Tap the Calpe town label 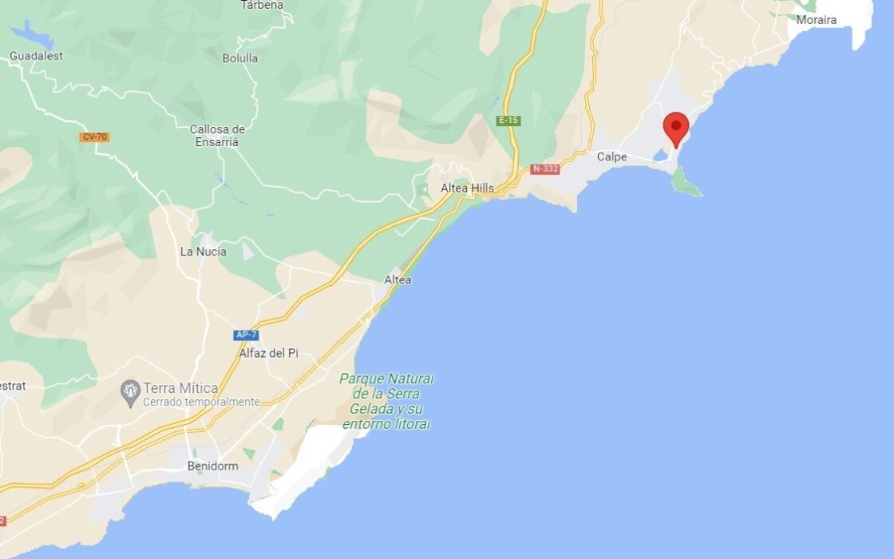tap(612, 157)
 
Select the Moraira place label tap(817, 20)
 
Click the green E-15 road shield tap(508, 121)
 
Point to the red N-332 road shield tap(545, 169)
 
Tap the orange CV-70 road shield tap(94, 137)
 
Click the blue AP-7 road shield tap(247, 335)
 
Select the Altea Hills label tap(467, 188)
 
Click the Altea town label tap(398, 279)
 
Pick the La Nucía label tap(203, 252)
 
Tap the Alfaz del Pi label tap(268, 353)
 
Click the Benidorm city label tap(212, 466)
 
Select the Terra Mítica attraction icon tap(130, 391)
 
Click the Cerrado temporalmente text tap(201, 402)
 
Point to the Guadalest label tap(36, 56)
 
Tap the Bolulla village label tap(240, 58)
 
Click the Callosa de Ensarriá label tap(217, 135)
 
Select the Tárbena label tap(262, 5)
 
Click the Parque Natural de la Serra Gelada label tap(386, 401)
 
